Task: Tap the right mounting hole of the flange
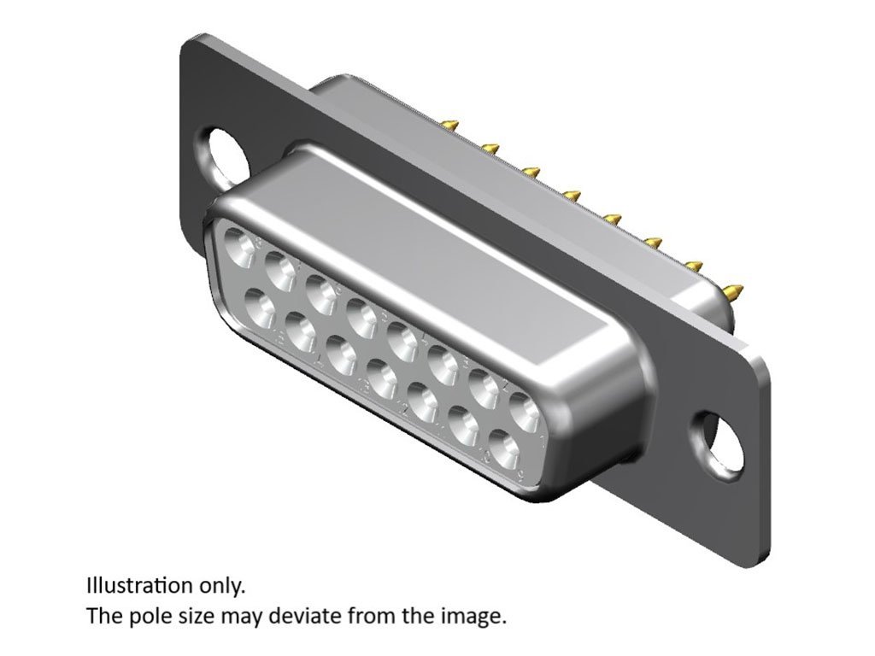(x=719, y=443)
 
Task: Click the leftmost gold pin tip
(x=451, y=123)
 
